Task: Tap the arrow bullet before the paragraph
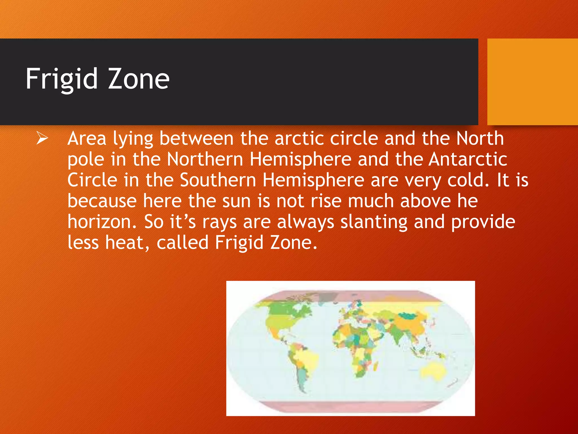click(x=42, y=139)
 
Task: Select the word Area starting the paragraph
click(x=87, y=139)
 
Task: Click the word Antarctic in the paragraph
click(x=468, y=159)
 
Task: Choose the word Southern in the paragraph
click(x=218, y=180)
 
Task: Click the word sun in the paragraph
click(x=237, y=201)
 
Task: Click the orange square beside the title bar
click(x=533, y=82)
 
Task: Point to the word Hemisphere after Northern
click(x=300, y=159)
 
